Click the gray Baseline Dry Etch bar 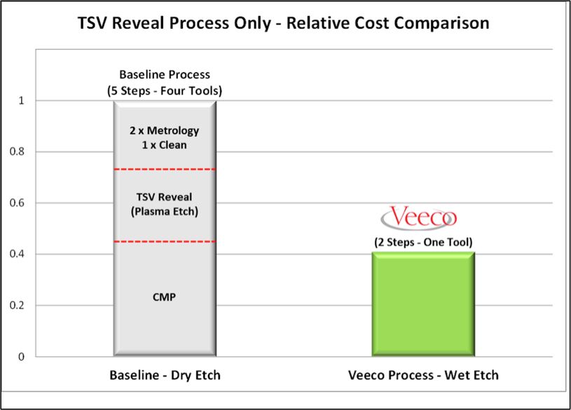pos(165,329)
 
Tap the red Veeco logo pos(423,217)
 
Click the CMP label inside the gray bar pos(165,297)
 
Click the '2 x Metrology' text pos(165,130)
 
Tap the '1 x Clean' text pos(165,144)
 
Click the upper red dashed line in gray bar pos(165,169)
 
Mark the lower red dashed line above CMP pos(165,242)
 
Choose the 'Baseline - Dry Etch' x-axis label pos(165,376)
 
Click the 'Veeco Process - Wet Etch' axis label pos(423,376)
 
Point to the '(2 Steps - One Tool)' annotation pos(423,242)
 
